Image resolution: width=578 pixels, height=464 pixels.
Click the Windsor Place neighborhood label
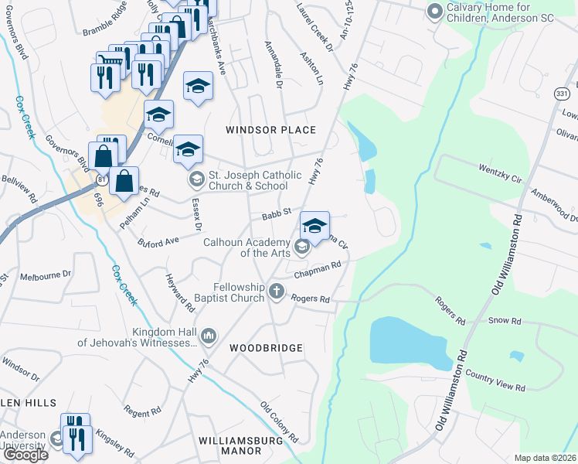pos(270,130)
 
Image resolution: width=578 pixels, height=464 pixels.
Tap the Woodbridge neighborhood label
pos(266,348)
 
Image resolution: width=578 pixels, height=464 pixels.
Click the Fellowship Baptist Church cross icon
pos(277,292)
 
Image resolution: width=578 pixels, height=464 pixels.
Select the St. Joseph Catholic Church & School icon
pos(196,179)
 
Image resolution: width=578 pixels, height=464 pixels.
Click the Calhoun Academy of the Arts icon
pos(301,247)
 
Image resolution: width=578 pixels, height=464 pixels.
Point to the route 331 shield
pos(563,92)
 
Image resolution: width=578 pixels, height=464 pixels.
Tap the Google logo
pos(25,455)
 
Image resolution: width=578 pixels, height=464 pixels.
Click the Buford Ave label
pos(158,242)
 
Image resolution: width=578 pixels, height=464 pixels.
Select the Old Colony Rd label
pos(279,421)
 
